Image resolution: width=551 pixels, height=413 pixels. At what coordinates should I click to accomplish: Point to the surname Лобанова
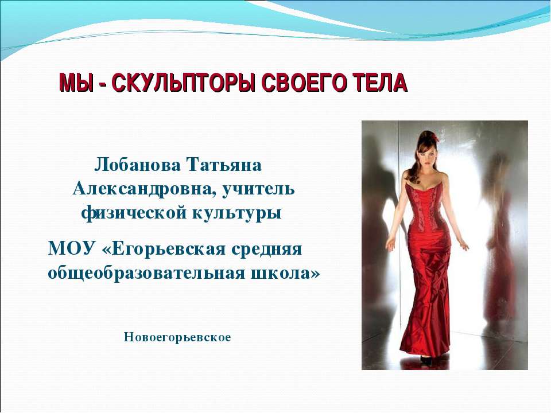pos(134,165)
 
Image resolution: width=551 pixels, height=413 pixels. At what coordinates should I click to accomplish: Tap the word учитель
pos(258,189)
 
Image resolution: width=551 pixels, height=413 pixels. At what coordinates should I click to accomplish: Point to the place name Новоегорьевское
pos(177,337)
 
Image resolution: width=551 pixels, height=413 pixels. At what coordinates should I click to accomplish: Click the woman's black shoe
pos(425,360)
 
